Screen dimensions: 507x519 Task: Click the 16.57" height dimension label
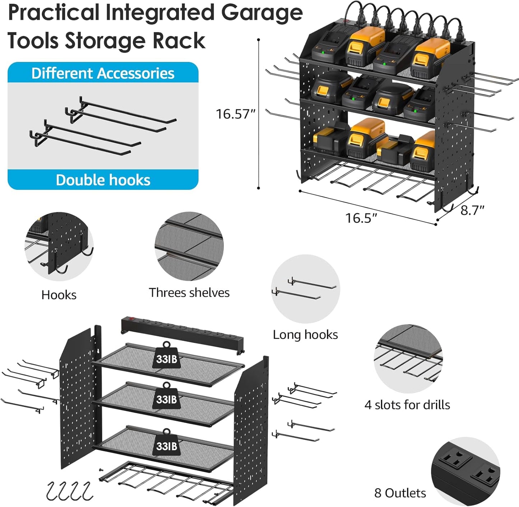pyautogui.click(x=235, y=114)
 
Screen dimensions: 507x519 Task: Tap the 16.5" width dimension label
pyautogui.click(x=361, y=218)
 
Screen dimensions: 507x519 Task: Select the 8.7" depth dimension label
pyautogui.click(x=472, y=210)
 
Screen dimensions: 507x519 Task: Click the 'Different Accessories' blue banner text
pyautogui.click(x=103, y=73)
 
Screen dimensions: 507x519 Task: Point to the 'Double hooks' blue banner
pyautogui.click(x=103, y=180)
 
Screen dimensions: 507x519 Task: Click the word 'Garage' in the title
pyautogui.click(x=262, y=13)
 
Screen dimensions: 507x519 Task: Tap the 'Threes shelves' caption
pyautogui.click(x=189, y=293)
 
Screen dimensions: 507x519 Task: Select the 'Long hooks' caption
pyautogui.click(x=305, y=335)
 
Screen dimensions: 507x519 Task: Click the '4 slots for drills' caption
pyautogui.click(x=407, y=405)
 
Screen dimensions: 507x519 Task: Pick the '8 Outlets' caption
pyautogui.click(x=400, y=493)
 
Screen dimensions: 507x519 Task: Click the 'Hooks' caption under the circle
pyautogui.click(x=59, y=295)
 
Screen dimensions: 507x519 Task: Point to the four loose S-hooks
pyautogui.click(x=69, y=491)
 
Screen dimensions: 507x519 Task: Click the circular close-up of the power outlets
pyautogui.click(x=465, y=471)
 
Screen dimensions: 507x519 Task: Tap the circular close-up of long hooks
pyautogui.click(x=305, y=289)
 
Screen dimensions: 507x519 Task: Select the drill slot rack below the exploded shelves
pyautogui.click(x=165, y=482)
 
